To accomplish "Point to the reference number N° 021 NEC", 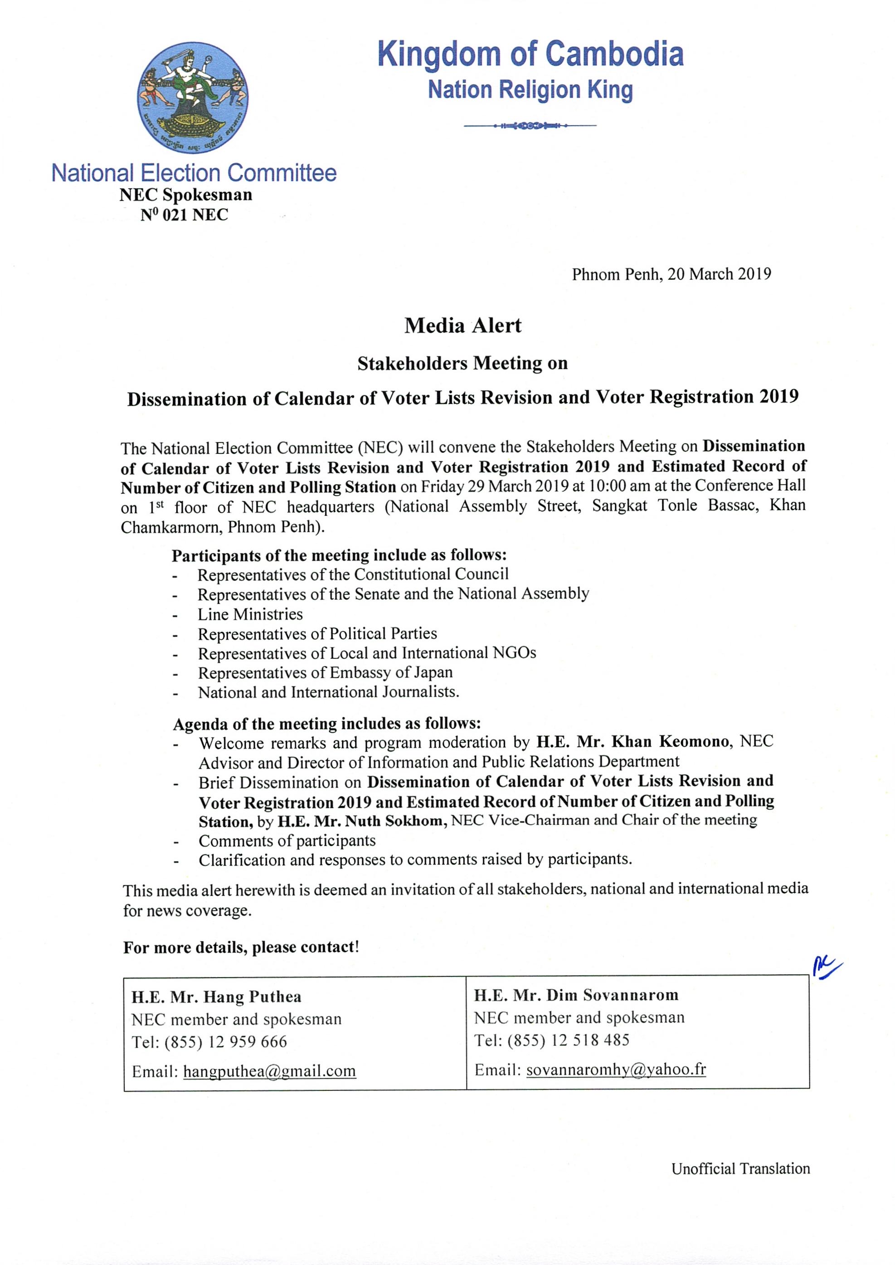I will [x=184, y=214].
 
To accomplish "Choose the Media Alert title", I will [x=462, y=326].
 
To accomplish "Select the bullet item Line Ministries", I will [x=250, y=614].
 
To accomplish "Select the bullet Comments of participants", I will [x=287, y=841].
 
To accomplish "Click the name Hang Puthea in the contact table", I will [x=253, y=997].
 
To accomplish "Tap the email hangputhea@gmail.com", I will [x=269, y=1070].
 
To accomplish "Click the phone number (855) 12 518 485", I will [x=568, y=1040].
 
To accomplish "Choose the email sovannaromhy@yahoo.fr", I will [x=616, y=1070].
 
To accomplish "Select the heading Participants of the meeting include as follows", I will [x=339, y=555].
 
